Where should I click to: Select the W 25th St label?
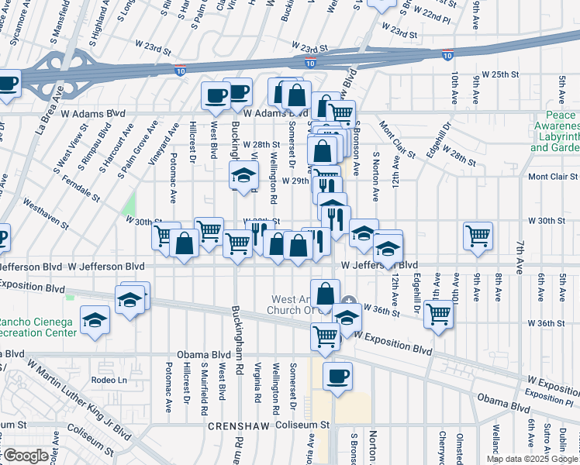499,74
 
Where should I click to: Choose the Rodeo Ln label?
109,380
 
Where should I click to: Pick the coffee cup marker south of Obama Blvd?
337,377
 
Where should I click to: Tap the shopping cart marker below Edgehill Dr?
438,315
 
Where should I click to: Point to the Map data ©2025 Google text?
532,459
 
